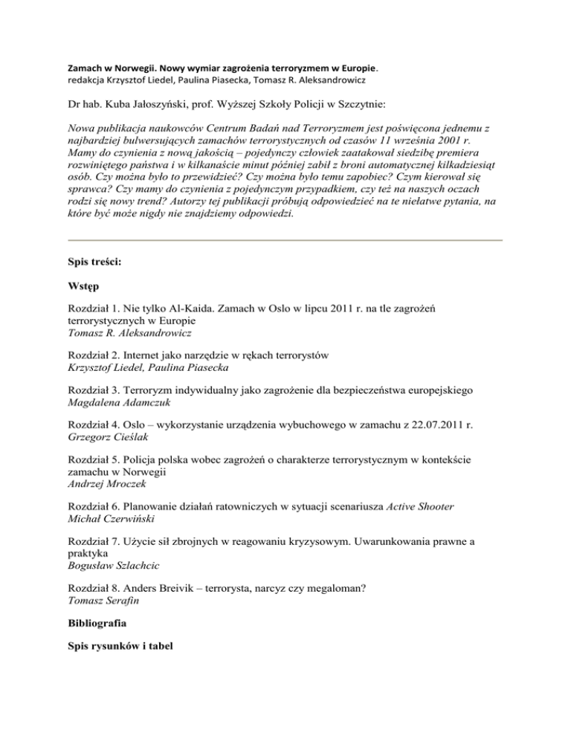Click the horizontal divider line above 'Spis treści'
point(285,240)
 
